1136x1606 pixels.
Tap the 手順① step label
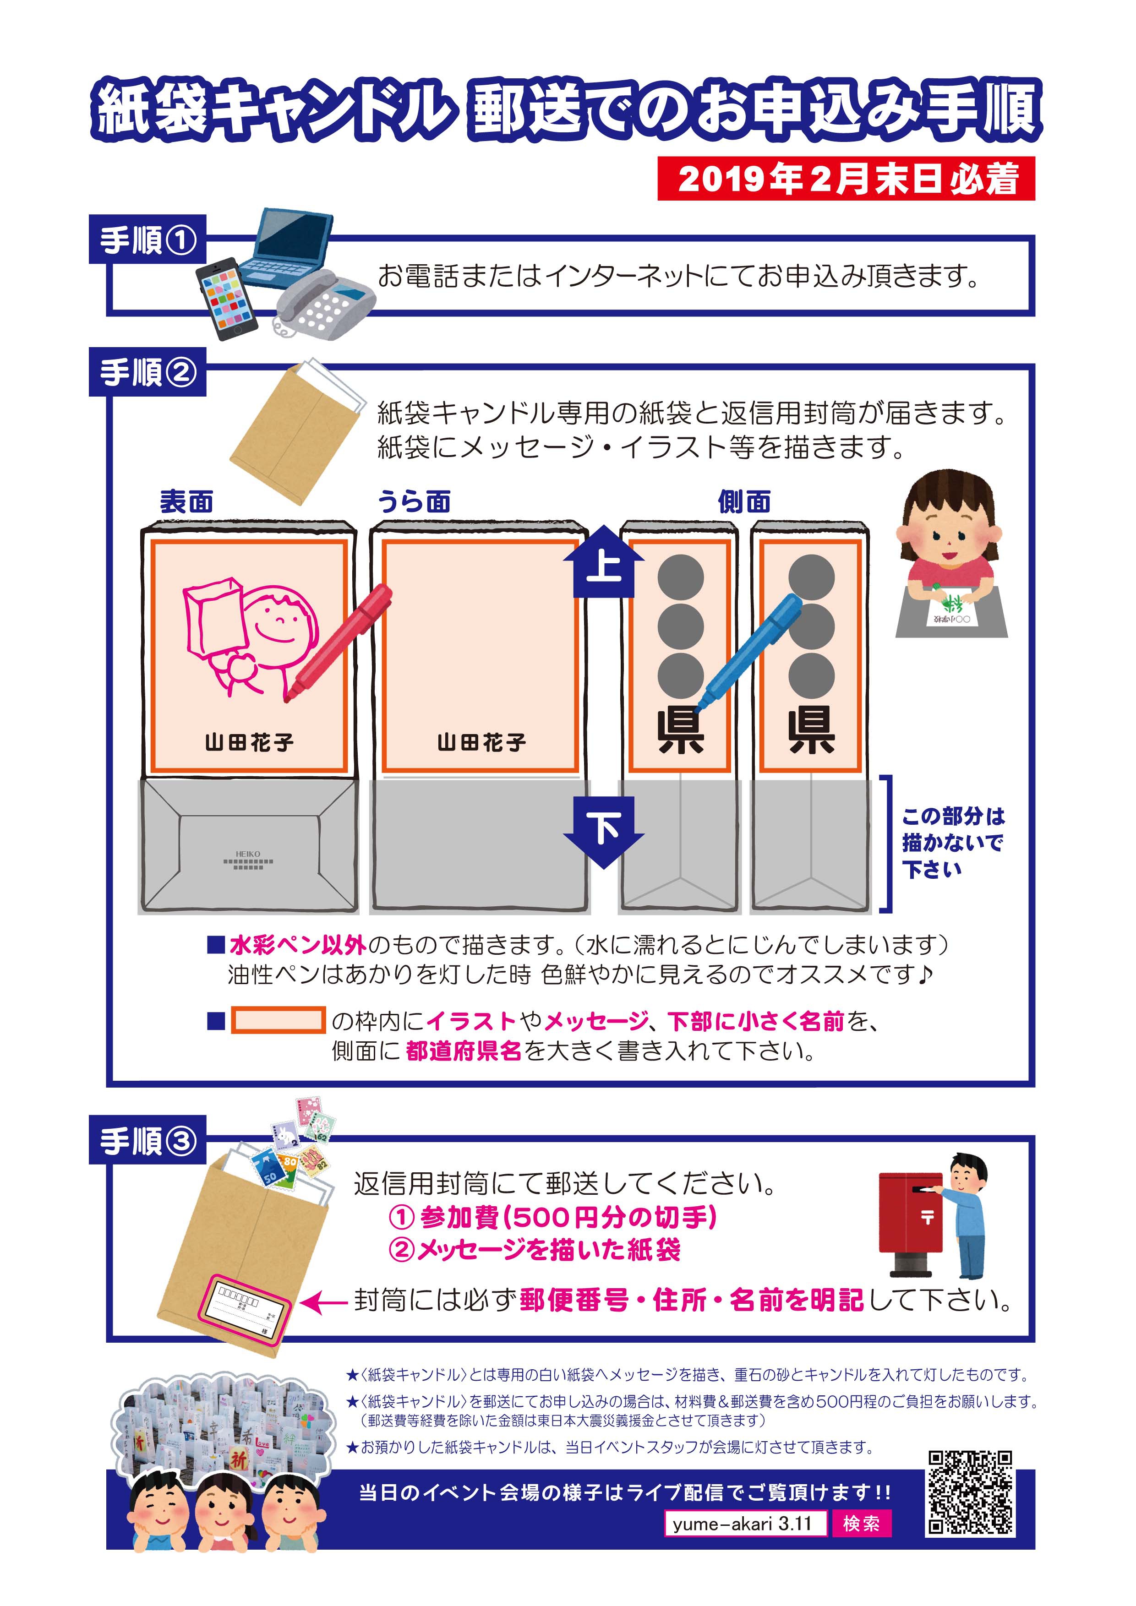point(147,239)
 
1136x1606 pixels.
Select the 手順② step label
point(147,371)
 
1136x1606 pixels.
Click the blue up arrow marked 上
point(604,562)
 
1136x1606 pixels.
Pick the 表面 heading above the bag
point(187,501)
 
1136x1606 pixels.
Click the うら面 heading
point(414,501)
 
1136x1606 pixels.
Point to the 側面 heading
point(744,501)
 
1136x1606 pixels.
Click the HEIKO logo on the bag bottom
point(248,860)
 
